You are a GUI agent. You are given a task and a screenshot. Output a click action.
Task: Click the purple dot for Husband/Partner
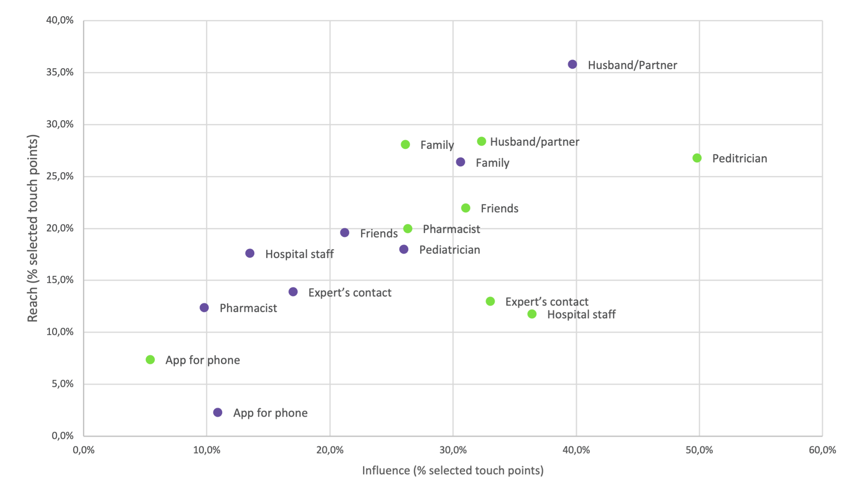(x=572, y=64)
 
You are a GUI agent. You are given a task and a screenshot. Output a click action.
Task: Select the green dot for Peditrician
(x=697, y=158)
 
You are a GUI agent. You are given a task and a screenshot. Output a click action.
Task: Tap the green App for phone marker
(x=150, y=360)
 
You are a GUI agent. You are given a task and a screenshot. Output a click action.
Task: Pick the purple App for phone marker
(x=218, y=412)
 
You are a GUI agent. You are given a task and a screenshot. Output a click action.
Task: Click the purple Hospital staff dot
(x=250, y=253)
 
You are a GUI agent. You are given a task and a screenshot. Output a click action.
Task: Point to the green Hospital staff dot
(x=532, y=314)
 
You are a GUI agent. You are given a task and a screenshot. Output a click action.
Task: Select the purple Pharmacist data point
(x=204, y=308)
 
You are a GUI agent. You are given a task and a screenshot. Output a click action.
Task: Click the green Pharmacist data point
(x=408, y=229)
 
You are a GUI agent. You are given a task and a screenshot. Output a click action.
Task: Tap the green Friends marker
(x=466, y=208)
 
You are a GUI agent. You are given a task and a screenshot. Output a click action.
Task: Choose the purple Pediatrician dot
(x=404, y=249)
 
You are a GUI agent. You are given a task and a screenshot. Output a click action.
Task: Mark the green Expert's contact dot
(x=490, y=301)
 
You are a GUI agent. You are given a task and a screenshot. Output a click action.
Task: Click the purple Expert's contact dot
(x=293, y=292)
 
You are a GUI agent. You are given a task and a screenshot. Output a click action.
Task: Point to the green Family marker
(x=405, y=144)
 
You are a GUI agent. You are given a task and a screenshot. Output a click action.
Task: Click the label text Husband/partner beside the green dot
(x=535, y=142)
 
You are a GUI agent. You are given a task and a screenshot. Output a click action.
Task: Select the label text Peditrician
(x=739, y=159)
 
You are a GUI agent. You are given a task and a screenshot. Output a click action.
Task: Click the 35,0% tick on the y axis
(x=60, y=72)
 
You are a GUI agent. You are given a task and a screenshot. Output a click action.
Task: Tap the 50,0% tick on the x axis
(x=699, y=450)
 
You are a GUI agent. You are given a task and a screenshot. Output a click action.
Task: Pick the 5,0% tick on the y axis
(x=63, y=384)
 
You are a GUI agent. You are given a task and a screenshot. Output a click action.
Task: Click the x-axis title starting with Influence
(x=453, y=471)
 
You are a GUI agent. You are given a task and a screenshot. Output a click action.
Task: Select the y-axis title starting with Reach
(x=33, y=228)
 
